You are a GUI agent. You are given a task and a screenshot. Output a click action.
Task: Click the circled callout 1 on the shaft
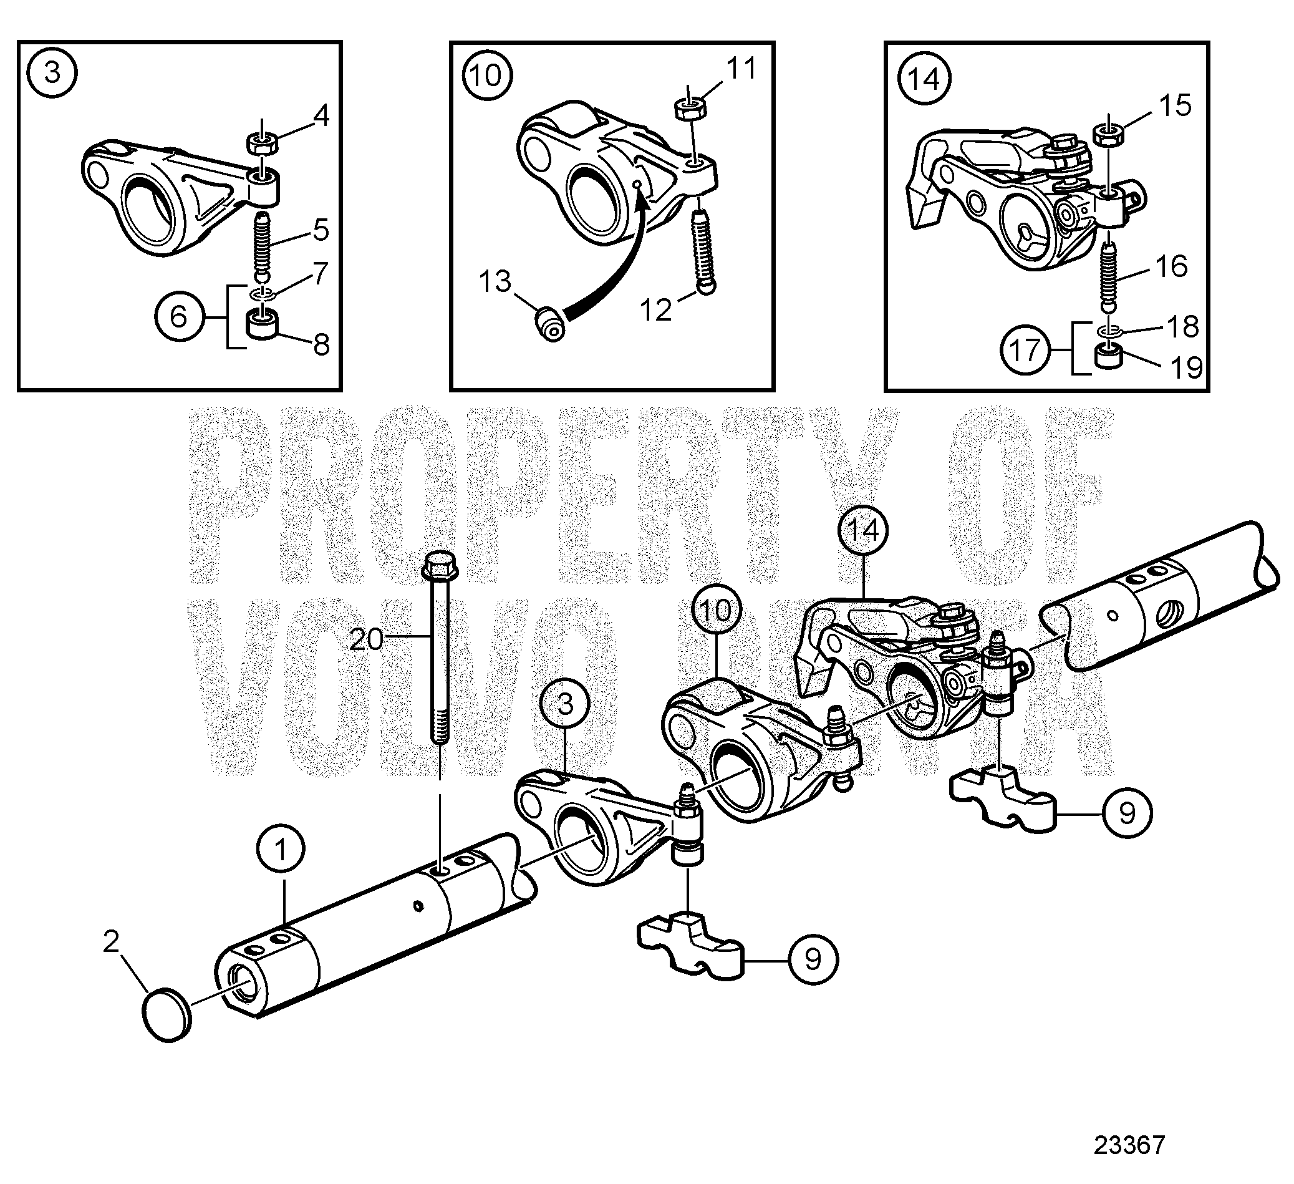click(281, 850)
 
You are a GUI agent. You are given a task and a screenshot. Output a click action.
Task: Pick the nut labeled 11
click(690, 107)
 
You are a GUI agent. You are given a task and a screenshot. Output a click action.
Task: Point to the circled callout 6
click(178, 316)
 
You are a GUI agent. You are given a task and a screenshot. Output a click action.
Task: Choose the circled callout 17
click(1025, 350)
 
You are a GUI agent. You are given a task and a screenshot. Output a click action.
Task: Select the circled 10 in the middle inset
click(486, 75)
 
